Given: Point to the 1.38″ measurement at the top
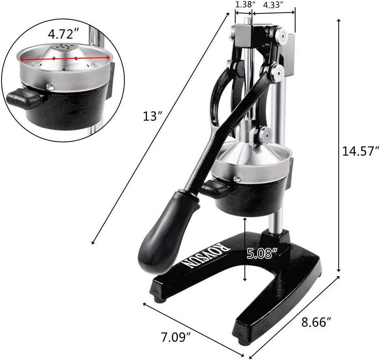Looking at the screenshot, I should (245, 5).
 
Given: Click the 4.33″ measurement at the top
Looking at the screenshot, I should (273, 5).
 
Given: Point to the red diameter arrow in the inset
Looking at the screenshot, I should (65, 59).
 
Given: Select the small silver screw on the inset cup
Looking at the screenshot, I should (50, 87).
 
